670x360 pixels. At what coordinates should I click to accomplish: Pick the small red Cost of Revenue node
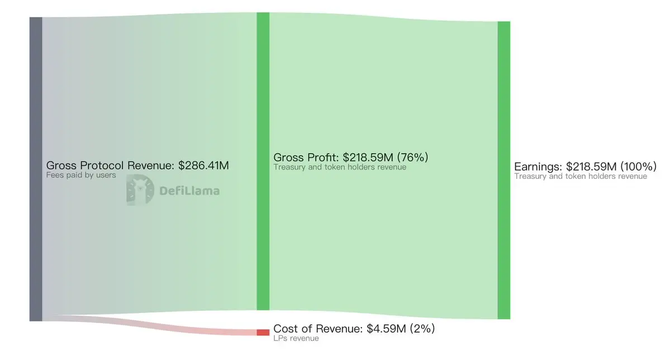click(x=263, y=332)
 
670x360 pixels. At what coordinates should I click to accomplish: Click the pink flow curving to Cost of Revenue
click(x=168, y=325)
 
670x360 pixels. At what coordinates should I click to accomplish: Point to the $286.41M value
click(x=203, y=165)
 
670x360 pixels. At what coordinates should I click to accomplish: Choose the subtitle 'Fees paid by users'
click(x=81, y=175)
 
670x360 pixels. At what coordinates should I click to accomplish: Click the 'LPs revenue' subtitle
click(x=296, y=338)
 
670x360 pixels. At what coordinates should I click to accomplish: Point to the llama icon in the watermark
click(x=136, y=190)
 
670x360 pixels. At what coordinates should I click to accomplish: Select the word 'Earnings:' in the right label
click(x=538, y=167)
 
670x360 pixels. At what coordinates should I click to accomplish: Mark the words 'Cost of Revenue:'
click(x=318, y=329)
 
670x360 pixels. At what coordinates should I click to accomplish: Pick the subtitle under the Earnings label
click(x=581, y=176)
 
